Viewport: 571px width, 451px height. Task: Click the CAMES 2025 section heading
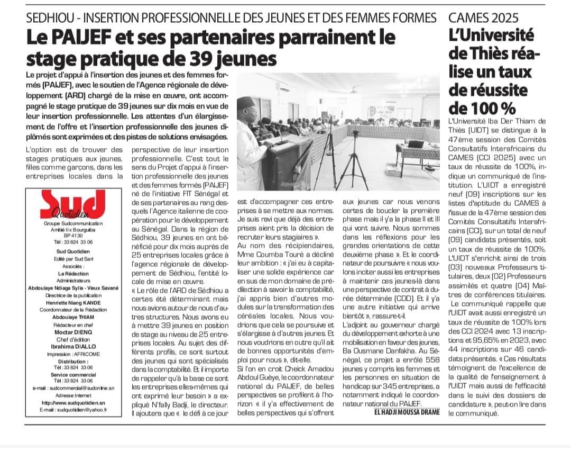(483, 17)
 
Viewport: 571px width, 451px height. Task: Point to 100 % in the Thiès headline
(481, 107)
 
